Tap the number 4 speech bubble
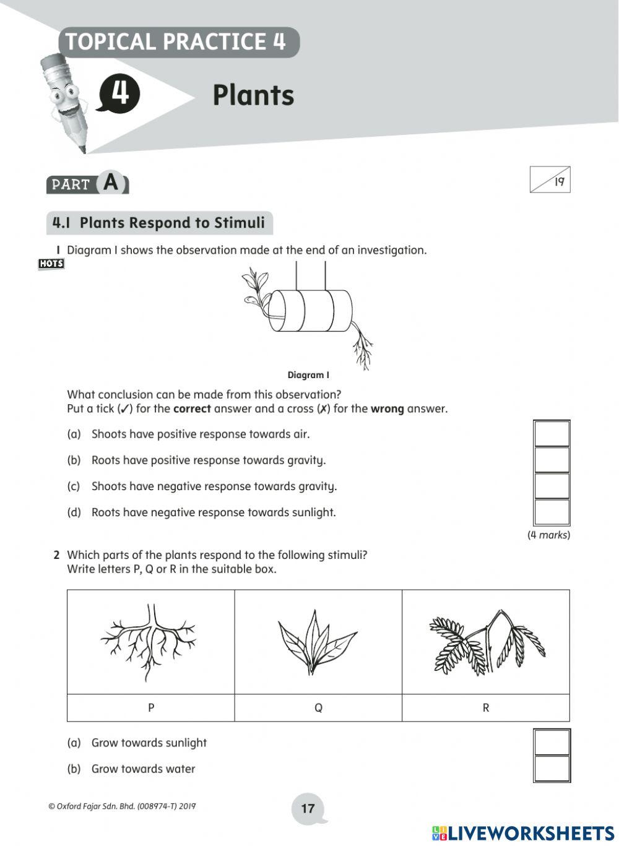coord(118,94)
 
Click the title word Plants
coord(253,95)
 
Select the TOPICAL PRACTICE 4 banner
coord(177,42)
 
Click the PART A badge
coord(87,183)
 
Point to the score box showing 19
coord(550,180)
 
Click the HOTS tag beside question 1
coord(51,264)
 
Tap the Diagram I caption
coord(308,375)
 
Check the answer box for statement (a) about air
coord(552,434)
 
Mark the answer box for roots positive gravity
coord(552,460)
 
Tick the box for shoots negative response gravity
coord(552,486)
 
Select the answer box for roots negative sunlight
coord(552,512)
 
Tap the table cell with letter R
coord(485,708)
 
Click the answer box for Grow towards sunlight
coord(552,742)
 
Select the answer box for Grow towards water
coord(552,769)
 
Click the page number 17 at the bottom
coord(308,808)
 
